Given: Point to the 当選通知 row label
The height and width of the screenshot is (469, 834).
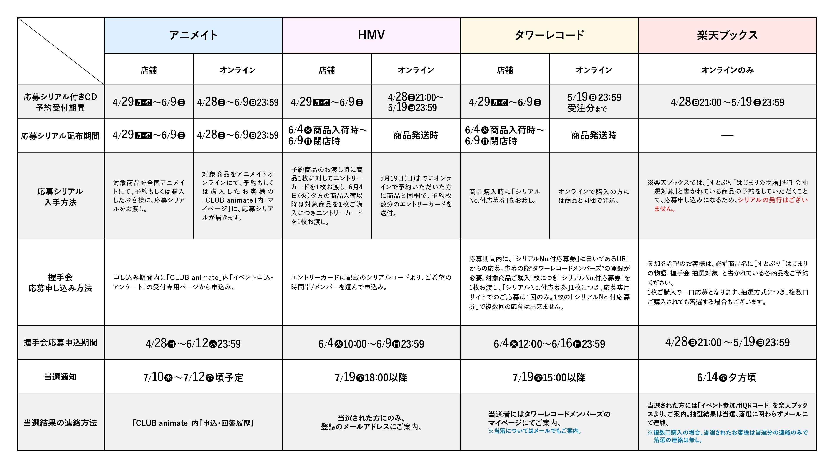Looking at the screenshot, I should tap(61, 377).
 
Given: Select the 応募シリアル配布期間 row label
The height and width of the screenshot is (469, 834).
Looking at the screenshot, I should tap(61, 136).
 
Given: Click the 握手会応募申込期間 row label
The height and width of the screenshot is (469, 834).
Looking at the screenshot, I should tap(61, 342).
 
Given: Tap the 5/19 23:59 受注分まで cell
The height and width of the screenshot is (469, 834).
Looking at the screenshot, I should tap(594, 102).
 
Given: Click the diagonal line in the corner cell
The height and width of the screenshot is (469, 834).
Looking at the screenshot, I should tap(61, 51).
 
